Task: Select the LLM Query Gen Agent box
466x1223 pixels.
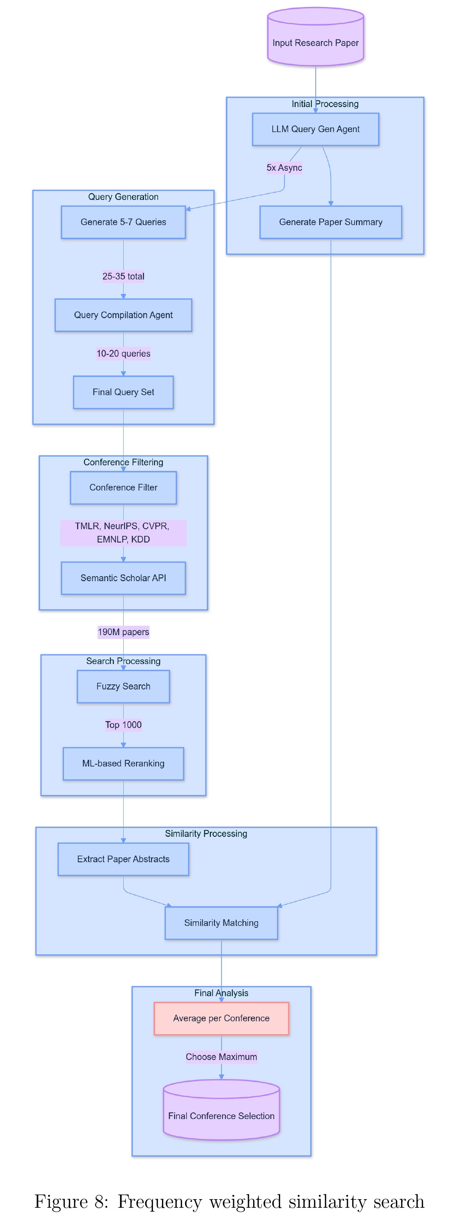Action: click(315, 129)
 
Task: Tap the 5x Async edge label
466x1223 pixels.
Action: click(284, 168)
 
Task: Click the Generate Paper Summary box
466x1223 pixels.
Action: click(331, 222)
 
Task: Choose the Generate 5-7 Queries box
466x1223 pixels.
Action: click(123, 222)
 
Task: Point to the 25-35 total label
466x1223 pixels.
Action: click(123, 276)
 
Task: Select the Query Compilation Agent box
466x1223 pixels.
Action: click(123, 315)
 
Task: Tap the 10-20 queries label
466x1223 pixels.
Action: click(123, 354)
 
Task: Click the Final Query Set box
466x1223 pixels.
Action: click(123, 392)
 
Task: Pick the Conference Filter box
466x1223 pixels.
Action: click(123, 487)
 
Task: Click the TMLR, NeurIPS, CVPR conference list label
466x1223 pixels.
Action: click(123, 533)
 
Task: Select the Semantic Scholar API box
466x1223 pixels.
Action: click(123, 578)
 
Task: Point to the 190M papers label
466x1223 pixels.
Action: click(123, 632)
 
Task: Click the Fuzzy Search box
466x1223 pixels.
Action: click(123, 686)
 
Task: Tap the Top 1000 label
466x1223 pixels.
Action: click(123, 725)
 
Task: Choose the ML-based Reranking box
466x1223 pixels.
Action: click(123, 763)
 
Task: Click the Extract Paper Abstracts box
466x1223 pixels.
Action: click(123, 860)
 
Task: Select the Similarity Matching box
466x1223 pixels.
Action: click(221, 923)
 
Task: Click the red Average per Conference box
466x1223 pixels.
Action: click(221, 1018)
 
